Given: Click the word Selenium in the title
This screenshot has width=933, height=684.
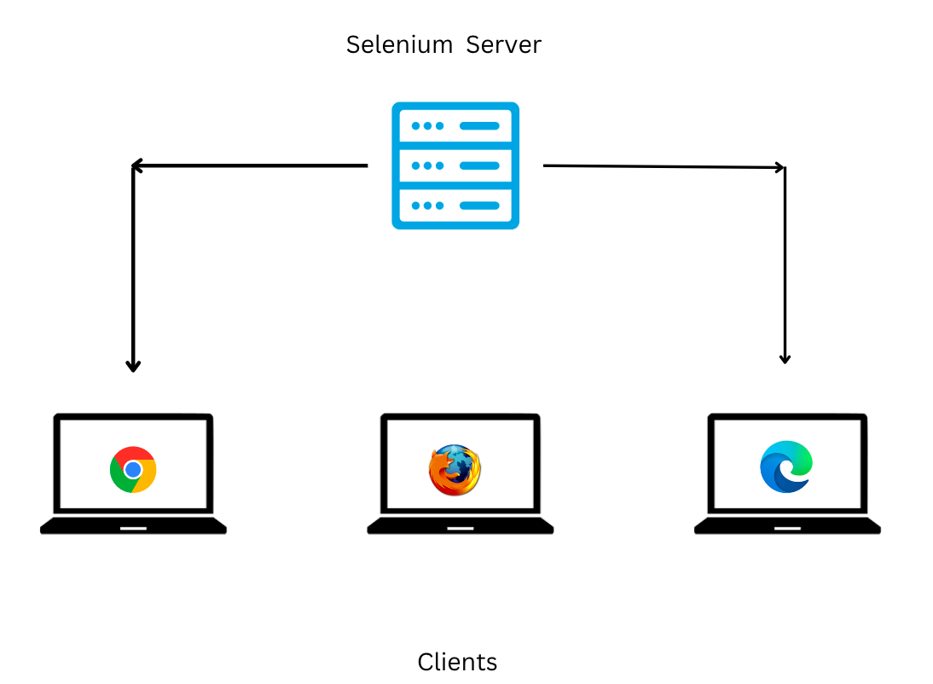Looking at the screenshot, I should tap(399, 44).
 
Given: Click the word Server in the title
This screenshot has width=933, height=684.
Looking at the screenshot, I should tap(503, 44).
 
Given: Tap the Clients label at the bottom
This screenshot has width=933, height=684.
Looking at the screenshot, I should tap(457, 662).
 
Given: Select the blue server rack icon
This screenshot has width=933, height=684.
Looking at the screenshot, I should tap(455, 165).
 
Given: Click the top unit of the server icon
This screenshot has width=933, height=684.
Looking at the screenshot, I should tap(455, 126).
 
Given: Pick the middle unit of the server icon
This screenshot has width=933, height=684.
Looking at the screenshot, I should tap(455, 165).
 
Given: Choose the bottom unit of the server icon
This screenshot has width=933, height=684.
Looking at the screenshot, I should tap(455, 206).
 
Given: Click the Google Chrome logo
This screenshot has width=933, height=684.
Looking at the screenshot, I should tap(133, 470).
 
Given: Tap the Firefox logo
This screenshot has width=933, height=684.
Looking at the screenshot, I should tap(455, 470).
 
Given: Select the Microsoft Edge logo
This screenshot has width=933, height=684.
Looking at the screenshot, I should tap(786, 467).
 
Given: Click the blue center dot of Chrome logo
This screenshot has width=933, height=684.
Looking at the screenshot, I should tap(133, 470).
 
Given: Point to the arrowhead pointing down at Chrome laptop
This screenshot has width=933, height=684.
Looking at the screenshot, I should tap(133, 365).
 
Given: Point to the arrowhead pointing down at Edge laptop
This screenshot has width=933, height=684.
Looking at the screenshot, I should tap(785, 358).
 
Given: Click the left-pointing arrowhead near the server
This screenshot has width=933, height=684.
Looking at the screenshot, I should tap(136, 165).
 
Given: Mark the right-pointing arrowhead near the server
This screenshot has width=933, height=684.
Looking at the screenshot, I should tap(779, 168).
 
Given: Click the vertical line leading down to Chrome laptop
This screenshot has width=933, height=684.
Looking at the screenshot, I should tap(133, 264).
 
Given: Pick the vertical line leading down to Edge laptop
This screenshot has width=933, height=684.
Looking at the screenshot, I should tap(785, 264).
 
